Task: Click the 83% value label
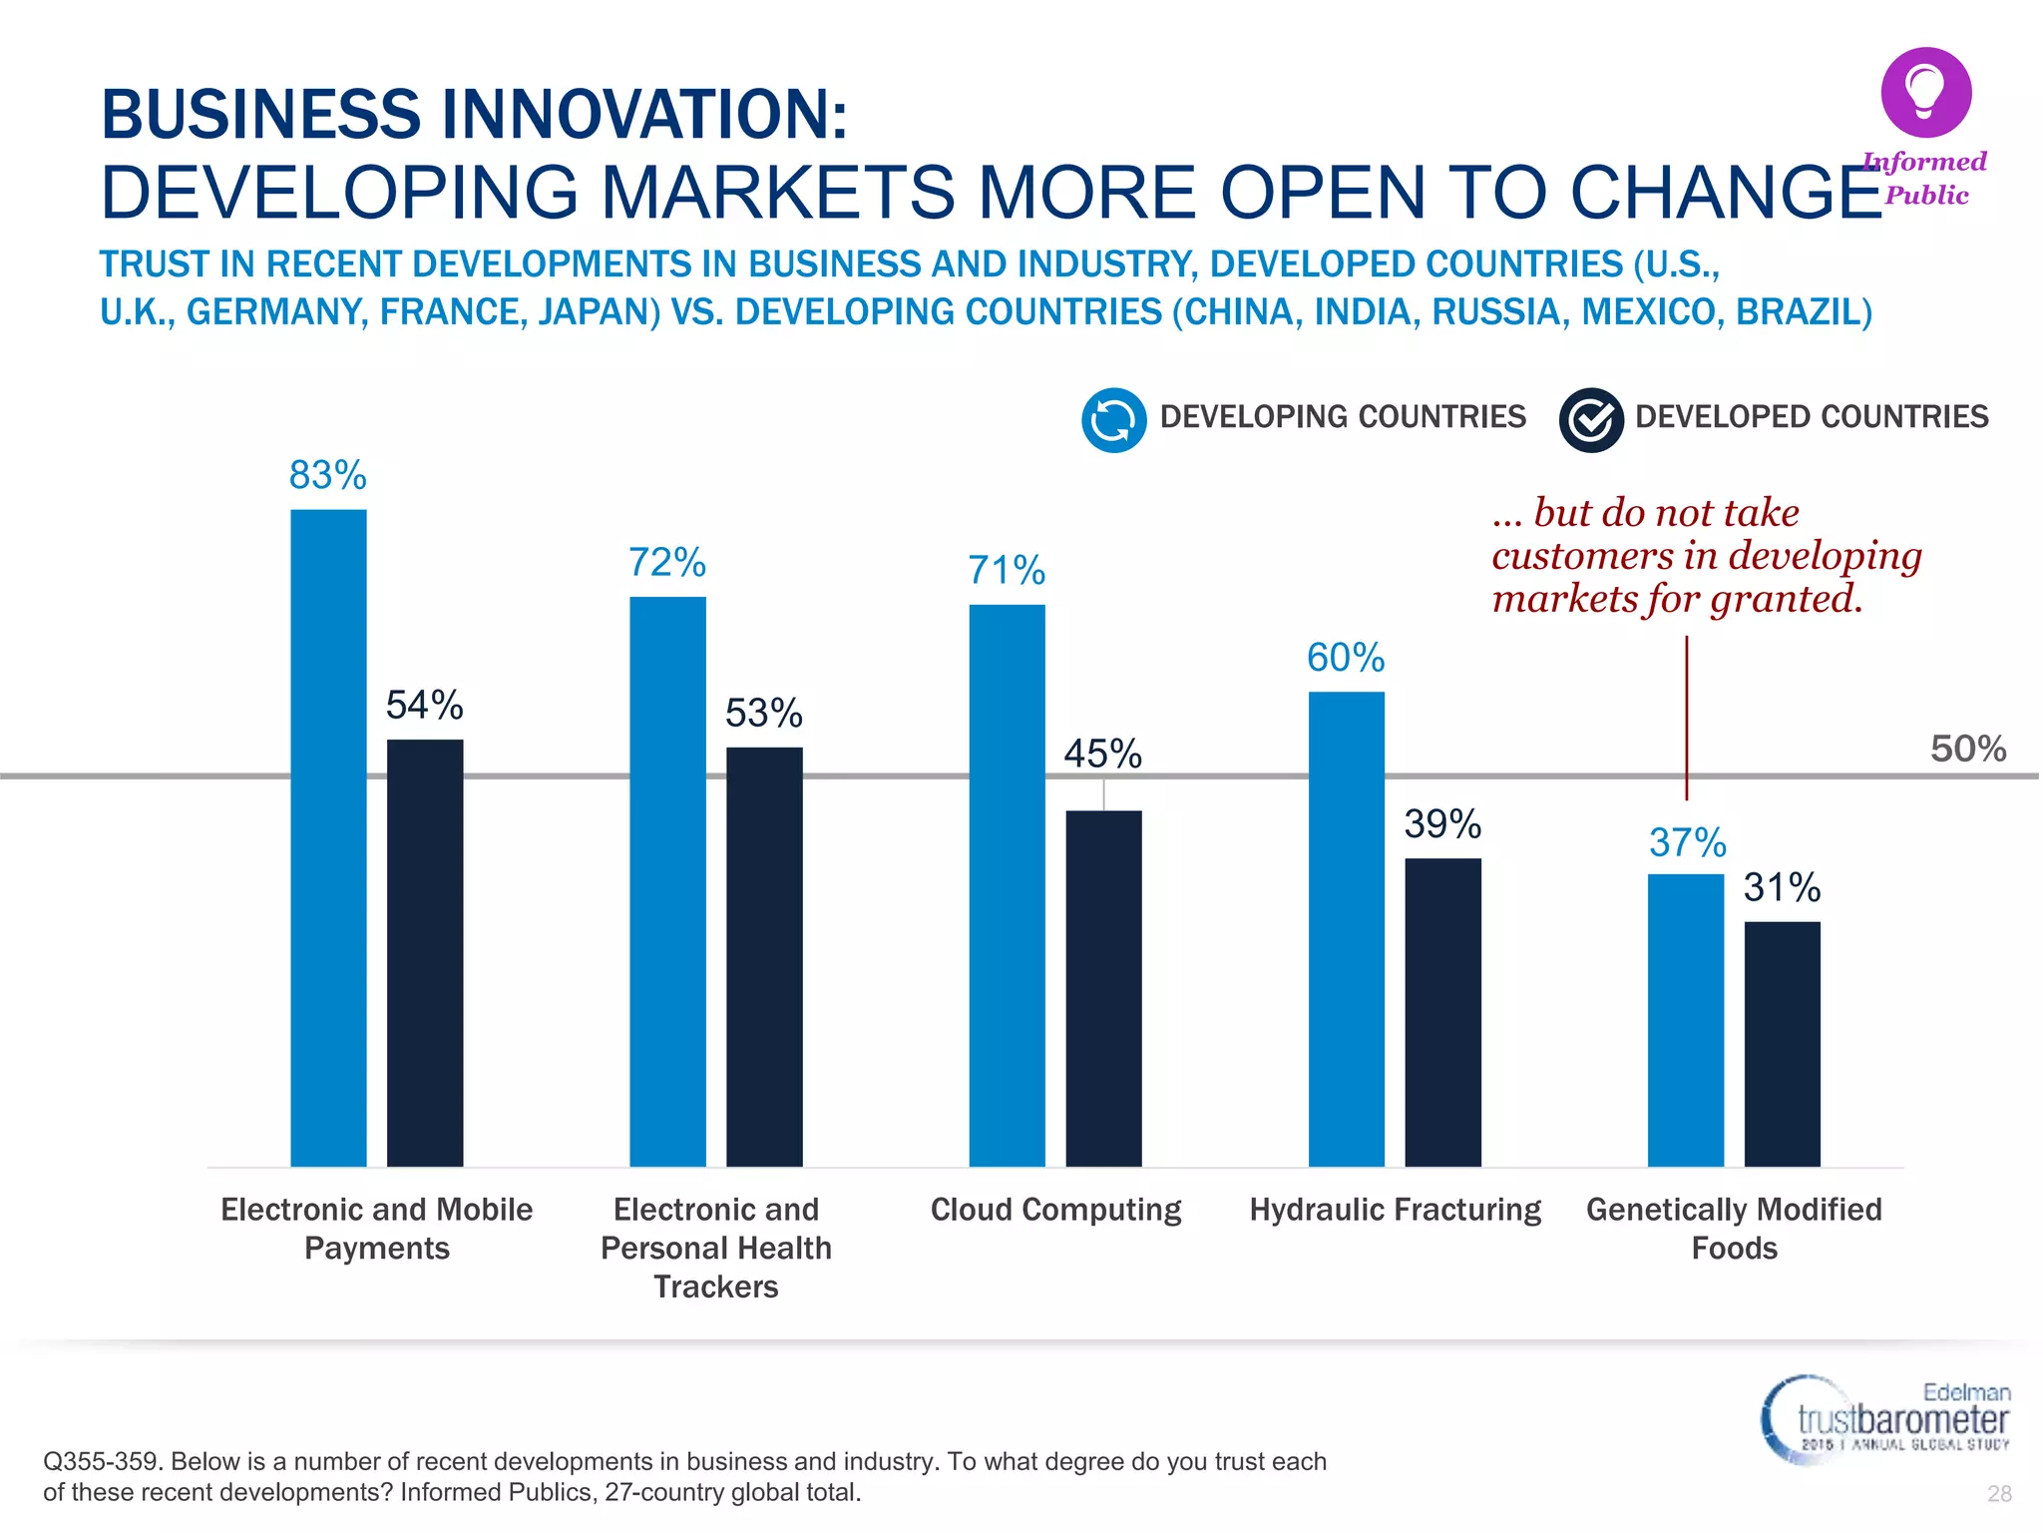pos(327,475)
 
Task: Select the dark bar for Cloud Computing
pos(1103,988)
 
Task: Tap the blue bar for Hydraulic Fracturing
pos(1346,928)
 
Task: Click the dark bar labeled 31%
pos(1782,1043)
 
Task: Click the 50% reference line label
pos(1967,749)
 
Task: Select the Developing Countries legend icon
pos(1113,420)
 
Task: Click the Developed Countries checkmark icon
pos(1590,420)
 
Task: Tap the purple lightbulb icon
pos(1925,92)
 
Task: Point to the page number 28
pos(1999,1493)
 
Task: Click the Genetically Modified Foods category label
pos(1734,1228)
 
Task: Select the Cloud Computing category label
pos(1055,1210)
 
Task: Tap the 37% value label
pos(1687,843)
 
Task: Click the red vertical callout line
pos(1687,719)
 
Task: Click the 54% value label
pos(424,706)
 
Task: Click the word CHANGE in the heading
pos(1726,192)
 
